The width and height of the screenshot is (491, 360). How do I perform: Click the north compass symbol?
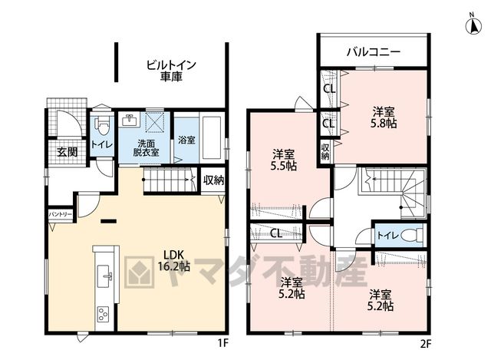[x=474, y=26]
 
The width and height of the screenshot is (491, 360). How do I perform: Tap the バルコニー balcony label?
[x=374, y=51]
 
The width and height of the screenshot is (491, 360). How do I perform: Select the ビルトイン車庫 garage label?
[x=171, y=71]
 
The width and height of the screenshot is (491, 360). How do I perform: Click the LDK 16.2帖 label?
[x=173, y=260]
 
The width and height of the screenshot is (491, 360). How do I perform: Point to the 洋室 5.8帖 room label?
[x=384, y=117]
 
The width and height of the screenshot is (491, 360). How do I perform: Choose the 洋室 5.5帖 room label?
[x=283, y=160]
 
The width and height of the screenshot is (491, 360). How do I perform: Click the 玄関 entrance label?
[x=67, y=152]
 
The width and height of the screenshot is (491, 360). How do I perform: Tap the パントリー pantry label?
[x=60, y=215]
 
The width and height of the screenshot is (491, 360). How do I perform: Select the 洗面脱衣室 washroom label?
[x=147, y=148]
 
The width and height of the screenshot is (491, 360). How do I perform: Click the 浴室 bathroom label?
[x=186, y=140]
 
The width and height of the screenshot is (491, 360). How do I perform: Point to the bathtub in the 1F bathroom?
[x=212, y=138]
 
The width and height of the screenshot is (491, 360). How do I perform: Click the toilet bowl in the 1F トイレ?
[x=101, y=125]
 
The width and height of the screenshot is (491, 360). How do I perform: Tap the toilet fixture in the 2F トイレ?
[x=412, y=235]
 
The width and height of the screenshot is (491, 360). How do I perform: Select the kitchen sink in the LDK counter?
[x=104, y=276]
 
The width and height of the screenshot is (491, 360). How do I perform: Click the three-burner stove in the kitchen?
[x=103, y=314]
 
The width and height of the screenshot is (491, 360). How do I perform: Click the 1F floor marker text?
[x=223, y=344]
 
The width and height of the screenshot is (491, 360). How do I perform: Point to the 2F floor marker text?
[x=426, y=344]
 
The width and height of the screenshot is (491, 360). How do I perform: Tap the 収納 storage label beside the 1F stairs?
[x=213, y=180]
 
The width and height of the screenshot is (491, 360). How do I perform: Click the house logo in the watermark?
[x=140, y=272]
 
